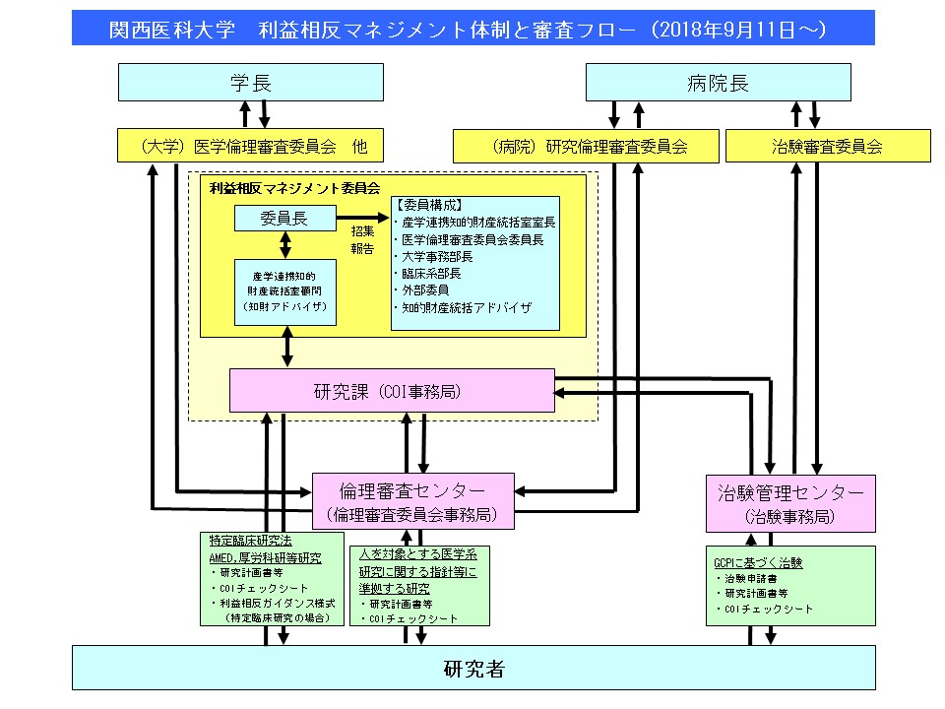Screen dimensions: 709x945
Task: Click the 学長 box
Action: tap(250, 83)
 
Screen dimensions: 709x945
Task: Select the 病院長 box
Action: tap(718, 83)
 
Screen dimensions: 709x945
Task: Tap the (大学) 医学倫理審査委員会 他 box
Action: tap(250, 147)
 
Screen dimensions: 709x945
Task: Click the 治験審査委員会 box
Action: tap(827, 147)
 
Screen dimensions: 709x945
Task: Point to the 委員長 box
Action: tap(284, 219)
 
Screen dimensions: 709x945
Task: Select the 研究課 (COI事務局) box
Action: tap(392, 391)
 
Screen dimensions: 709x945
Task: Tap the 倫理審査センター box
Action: tap(412, 501)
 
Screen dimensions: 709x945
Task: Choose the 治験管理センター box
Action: tap(790, 502)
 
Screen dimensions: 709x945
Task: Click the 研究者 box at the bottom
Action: tap(473, 669)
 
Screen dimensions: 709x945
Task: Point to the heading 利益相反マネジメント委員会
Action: tap(294, 186)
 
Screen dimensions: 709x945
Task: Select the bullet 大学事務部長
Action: tap(437, 256)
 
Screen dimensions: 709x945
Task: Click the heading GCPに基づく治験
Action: tap(757, 563)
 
